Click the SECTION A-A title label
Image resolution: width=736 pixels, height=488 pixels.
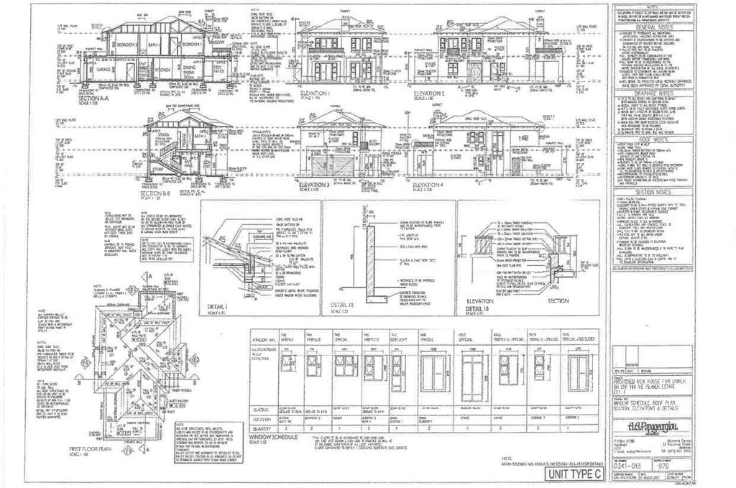click(x=98, y=97)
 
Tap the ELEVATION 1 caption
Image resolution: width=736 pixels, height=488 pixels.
click(x=315, y=93)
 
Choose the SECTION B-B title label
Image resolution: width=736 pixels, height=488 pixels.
click(x=155, y=193)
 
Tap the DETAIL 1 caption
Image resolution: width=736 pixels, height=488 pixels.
click(x=217, y=306)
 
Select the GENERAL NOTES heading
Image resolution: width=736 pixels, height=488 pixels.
click(x=653, y=27)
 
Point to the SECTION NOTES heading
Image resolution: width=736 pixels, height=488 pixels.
click(x=653, y=193)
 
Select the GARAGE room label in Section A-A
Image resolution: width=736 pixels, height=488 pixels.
click(x=94, y=71)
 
